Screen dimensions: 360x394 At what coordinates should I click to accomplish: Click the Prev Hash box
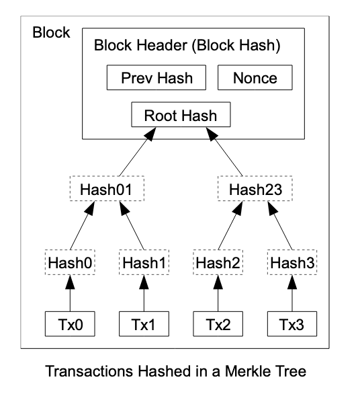(156, 77)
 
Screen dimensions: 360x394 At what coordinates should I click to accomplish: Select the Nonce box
(255, 77)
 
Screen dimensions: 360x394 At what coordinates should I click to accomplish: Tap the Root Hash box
(181, 114)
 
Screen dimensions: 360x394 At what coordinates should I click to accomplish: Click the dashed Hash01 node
(107, 188)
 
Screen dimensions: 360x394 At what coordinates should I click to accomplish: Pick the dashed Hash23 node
(255, 188)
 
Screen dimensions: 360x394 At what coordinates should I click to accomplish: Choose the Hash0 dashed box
(70, 262)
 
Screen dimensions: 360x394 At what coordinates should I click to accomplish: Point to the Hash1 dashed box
(144, 262)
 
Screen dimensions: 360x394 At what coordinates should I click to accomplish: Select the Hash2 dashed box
(218, 262)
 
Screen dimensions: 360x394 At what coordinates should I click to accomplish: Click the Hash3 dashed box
(292, 262)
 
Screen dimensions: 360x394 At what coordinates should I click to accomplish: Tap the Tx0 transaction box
(70, 323)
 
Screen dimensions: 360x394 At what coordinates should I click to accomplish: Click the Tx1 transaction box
(144, 323)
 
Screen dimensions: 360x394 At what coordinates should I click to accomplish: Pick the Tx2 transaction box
(218, 323)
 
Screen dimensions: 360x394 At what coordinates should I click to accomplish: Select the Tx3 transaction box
(292, 323)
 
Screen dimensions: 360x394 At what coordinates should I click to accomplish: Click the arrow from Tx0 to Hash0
(70, 293)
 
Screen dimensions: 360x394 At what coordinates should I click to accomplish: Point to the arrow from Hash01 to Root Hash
(138, 151)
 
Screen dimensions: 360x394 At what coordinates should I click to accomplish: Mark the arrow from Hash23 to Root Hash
(224, 151)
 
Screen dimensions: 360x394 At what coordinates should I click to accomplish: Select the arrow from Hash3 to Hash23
(280, 225)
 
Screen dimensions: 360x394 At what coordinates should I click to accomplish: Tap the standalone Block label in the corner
(51, 32)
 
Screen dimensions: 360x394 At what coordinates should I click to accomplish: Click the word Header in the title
(162, 45)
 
